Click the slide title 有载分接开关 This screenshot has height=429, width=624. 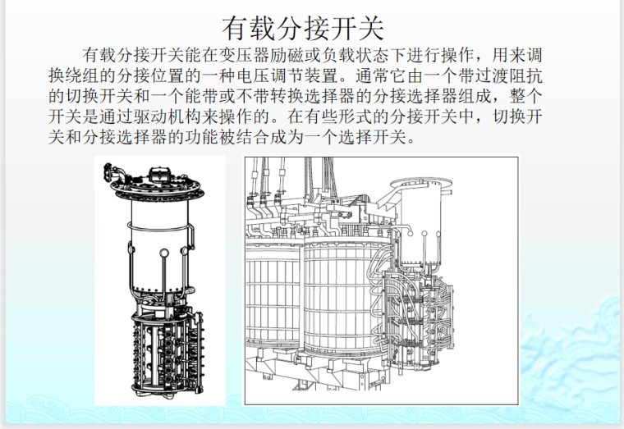point(303,29)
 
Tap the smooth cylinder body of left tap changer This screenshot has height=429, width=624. point(158,243)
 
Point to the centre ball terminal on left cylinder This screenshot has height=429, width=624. point(163,253)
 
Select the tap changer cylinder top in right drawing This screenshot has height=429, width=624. point(421,184)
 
